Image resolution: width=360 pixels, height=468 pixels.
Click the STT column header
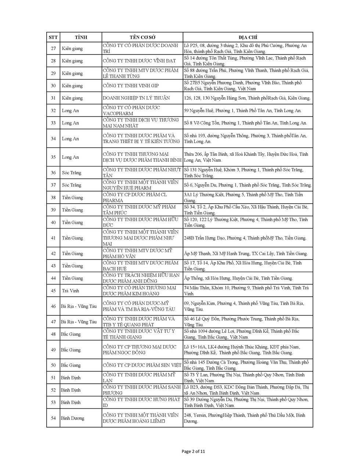pos(53,37)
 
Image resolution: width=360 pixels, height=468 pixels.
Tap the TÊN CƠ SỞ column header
pos(143,37)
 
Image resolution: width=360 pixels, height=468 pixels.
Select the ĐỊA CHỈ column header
pos(248,37)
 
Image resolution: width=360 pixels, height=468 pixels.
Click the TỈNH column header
pos(81,37)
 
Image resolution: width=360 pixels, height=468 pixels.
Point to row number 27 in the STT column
pos(53,49)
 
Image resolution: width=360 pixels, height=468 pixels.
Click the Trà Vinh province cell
pos(70,291)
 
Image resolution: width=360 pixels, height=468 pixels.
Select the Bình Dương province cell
pos(72,418)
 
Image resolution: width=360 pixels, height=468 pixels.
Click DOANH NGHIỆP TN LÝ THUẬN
pos(136,98)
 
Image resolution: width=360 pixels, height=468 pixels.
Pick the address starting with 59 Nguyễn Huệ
pos(242,111)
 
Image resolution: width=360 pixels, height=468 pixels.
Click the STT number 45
pos(53,291)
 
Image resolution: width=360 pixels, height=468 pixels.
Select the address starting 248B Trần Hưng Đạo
pos(245,238)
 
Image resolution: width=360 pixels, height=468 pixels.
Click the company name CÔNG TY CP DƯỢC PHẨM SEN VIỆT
pos(142,365)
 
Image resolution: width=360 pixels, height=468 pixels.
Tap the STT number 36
pos(53,173)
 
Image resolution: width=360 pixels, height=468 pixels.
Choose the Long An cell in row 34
pos(70,139)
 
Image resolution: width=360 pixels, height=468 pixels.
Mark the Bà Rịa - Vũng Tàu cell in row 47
pos(79,322)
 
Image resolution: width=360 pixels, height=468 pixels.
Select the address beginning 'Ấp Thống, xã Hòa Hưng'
pos(238,278)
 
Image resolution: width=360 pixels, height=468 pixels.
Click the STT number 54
pos(53,418)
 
